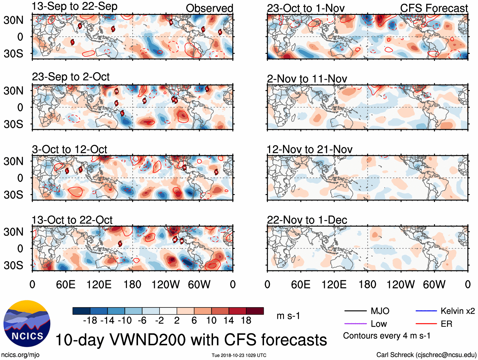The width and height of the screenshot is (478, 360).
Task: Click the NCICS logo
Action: click(x=27, y=323)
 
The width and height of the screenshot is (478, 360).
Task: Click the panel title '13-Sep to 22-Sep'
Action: click(x=74, y=6)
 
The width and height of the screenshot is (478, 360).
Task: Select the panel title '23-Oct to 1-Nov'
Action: click(x=305, y=9)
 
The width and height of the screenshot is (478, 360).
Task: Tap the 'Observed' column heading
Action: click(x=209, y=9)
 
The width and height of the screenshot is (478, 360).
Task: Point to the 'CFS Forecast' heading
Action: click(x=434, y=9)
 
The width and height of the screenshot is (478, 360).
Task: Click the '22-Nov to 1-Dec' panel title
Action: click(x=307, y=220)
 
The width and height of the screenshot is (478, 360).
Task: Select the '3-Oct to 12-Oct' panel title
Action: click(x=69, y=149)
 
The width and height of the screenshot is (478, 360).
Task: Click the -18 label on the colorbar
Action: click(x=90, y=320)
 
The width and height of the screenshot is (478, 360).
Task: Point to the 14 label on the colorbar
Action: click(x=229, y=320)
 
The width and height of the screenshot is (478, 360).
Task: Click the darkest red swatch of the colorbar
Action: click(x=255, y=311)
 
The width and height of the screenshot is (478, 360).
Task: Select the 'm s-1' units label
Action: click(x=288, y=316)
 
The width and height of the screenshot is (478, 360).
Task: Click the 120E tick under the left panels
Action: click(x=99, y=284)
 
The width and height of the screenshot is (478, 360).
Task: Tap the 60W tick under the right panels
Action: click(x=434, y=284)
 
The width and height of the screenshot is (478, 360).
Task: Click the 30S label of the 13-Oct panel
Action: click(x=13, y=265)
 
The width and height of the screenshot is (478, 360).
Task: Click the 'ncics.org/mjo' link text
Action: click(x=20, y=355)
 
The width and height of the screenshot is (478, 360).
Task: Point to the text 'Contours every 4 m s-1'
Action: click(x=387, y=336)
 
